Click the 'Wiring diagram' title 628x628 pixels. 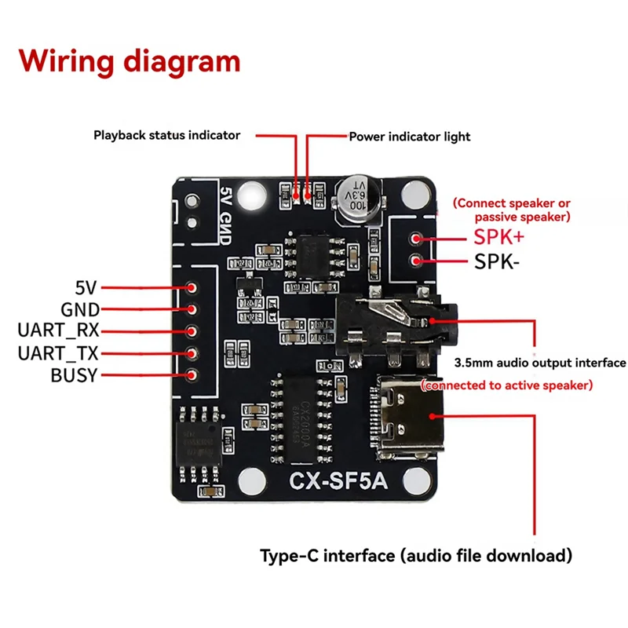pyautogui.click(x=130, y=60)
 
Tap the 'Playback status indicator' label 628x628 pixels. pyautogui.click(x=166, y=135)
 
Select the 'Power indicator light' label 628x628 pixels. pyautogui.click(x=409, y=137)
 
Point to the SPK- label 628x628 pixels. pyautogui.click(x=496, y=261)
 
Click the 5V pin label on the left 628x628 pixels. pyautogui.click(x=86, y=288)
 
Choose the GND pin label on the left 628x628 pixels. pyautogui.click(x=80, y=309)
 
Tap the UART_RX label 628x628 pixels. pyautogui.click(x=59, y=331)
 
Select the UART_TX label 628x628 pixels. pyautogui.click(x=59, y=353)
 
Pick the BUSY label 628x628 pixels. pyautogui.click(x=74, y=375)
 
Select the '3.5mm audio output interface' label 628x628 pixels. pyautogui.click(x=540, y=363)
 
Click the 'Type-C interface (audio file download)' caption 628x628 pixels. pyautogui.click(x=416, y=556)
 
